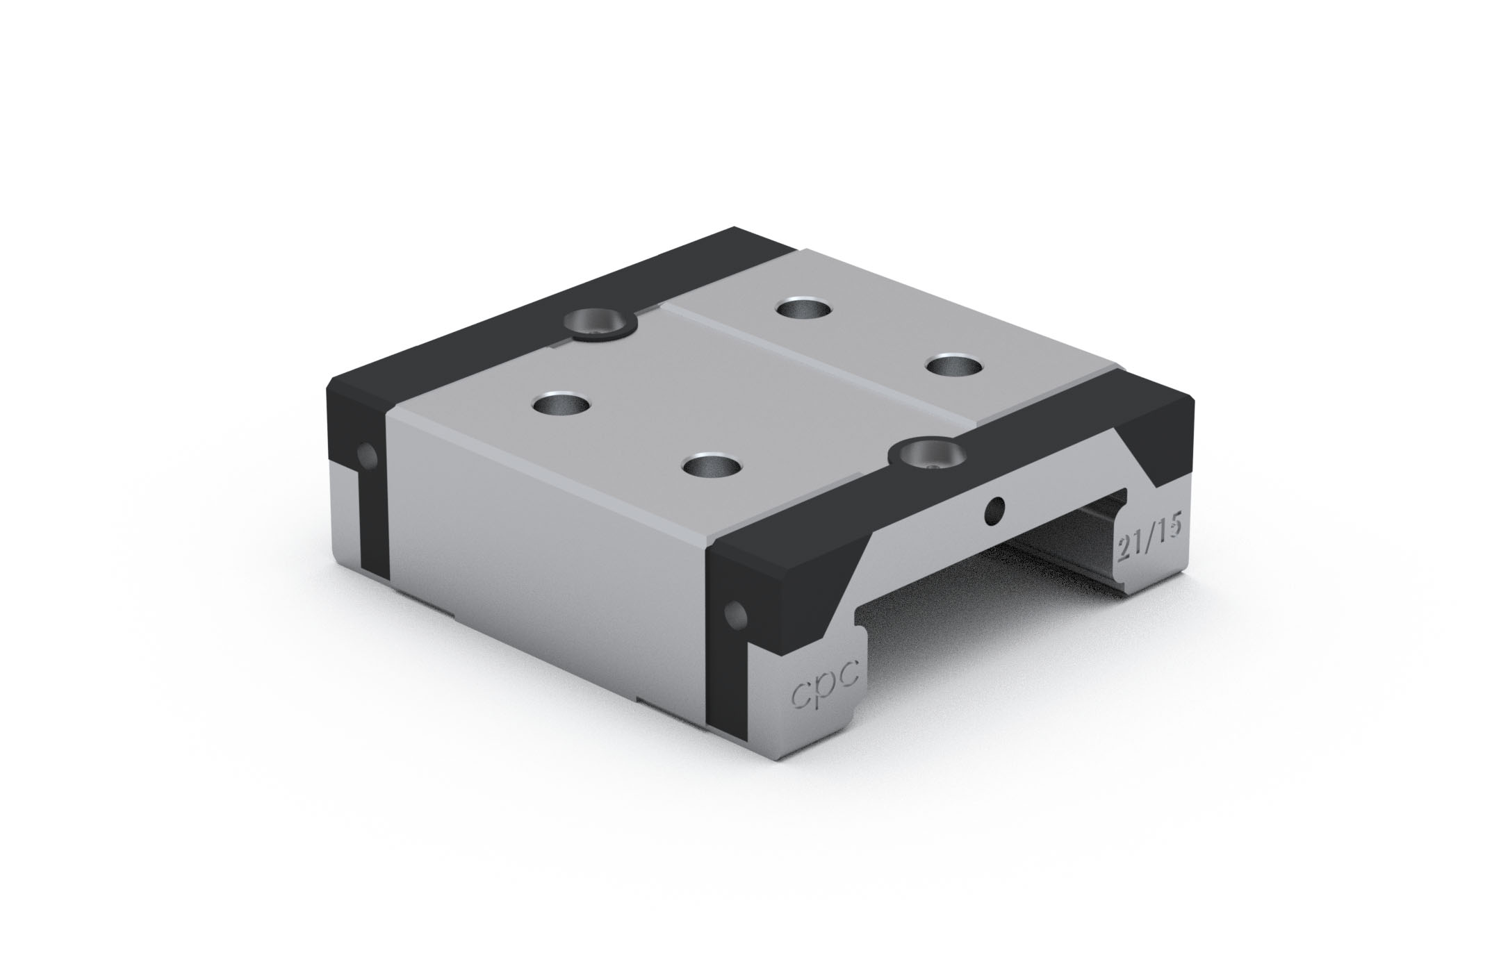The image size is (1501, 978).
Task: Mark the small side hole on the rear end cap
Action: click(x=367, y=456)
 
